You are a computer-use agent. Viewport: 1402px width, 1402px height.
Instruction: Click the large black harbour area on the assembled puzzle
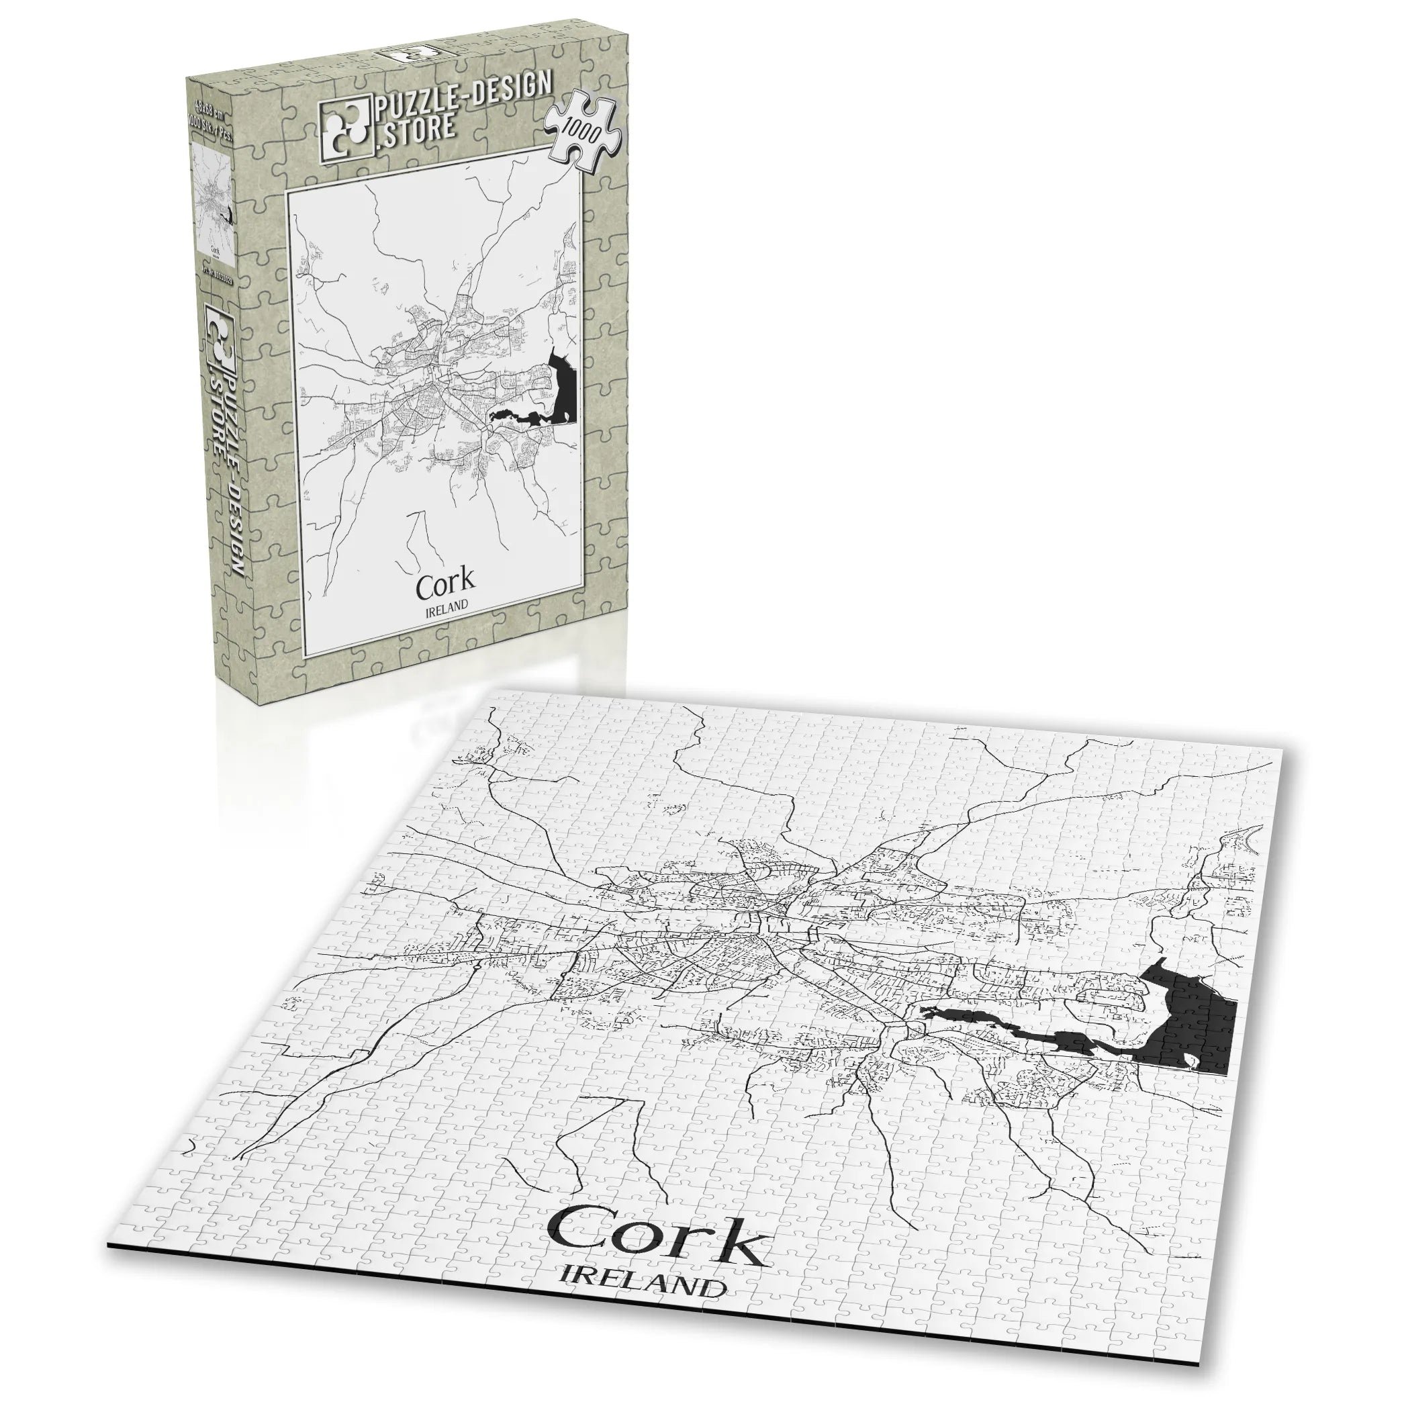(x=1190, y=1023)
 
